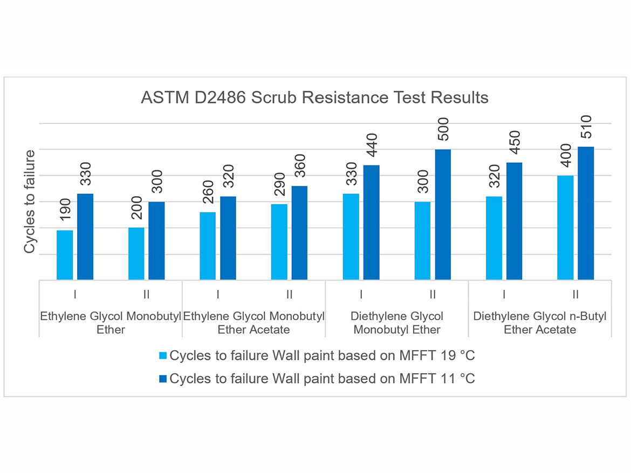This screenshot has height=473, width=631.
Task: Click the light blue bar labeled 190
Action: [x=65, y=255]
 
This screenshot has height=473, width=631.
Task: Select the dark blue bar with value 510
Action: [x=586, y=213]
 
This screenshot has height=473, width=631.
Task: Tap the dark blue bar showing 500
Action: [x=443, y=214]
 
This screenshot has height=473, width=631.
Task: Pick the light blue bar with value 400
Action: [x=565, y=228]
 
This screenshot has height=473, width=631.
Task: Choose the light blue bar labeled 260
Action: [x=208, y=246]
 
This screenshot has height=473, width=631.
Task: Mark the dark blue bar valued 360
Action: [x=300, y=233]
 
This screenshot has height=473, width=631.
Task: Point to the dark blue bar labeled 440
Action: [x=371, y=222]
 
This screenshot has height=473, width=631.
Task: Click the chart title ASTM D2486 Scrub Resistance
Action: [x=314, y=98]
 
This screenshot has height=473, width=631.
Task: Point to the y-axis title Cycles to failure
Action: [x=30, y=201]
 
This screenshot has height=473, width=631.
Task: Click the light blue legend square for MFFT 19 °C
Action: [x=162, y=356]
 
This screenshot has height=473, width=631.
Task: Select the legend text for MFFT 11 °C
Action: [x=322, y=379]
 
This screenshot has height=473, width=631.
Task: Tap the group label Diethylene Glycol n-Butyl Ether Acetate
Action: [x=540, y=323]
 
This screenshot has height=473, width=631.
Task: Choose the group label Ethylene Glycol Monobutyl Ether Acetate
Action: [x=254, y=323]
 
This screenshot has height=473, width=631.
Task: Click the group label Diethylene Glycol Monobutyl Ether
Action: [x=397, y=323]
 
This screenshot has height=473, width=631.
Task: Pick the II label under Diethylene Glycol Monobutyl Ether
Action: [x=433, y=295]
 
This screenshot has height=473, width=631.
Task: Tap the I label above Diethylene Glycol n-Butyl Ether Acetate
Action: [x=504, y=295]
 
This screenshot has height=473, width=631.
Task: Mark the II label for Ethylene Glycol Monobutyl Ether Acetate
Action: [x=290, y=295]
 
